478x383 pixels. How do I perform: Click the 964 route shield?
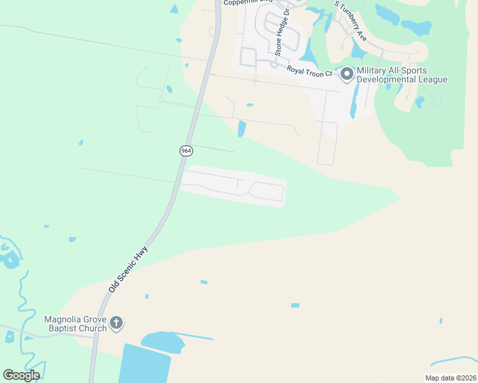point(186,151)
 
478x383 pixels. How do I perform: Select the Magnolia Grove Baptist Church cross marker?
point(116,323)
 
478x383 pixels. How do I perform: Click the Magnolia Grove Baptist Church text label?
point(75,324)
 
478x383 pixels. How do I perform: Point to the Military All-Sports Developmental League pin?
point(346,75)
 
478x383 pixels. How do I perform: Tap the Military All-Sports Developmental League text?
point(401,75)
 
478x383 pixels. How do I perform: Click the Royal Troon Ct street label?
point(309,70)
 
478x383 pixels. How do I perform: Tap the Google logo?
point(21,375)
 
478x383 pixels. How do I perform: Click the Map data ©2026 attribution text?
point(451,378)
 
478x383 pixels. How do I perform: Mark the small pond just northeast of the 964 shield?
point(242,129)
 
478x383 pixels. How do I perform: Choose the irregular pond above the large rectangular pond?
point(163,341)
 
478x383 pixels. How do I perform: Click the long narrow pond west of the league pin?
point(353,102)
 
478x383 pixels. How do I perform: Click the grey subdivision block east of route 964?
point(234,185)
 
